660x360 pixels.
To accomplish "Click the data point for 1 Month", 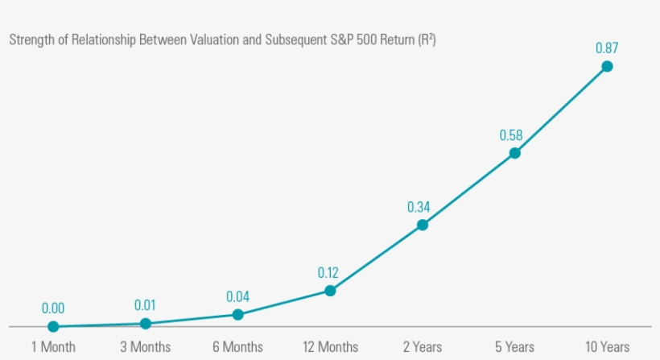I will (x=53, y=326).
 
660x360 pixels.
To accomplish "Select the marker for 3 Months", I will (x=146, y=323).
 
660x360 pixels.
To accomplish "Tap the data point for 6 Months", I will (x=237, y=314).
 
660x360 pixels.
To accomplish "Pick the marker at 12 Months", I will (x=329, y=290).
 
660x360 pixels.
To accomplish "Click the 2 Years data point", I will (x=422, y=225).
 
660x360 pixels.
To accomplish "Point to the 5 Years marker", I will (x=514, y=153).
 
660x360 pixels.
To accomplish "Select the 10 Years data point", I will (x=607, y=66).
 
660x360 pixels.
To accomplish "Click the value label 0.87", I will (x=607, y=48).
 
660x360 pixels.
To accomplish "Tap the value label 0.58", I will (x=511, y=135).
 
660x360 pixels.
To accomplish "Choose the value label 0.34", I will (x=419, y=207).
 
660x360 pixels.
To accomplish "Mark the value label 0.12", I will (x=328, y=272).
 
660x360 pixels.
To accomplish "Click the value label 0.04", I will (x=237, y=296).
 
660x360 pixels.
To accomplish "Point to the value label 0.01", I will (x=146, y=305).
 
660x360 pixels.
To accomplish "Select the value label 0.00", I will (x=53, y=308).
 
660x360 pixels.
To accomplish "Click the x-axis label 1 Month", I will (x=53, y=347).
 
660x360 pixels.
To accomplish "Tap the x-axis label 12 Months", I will (x=330, y=347).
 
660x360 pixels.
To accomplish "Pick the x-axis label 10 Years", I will (x=607, y=347).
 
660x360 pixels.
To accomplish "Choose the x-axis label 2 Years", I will (x=423, y=347).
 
